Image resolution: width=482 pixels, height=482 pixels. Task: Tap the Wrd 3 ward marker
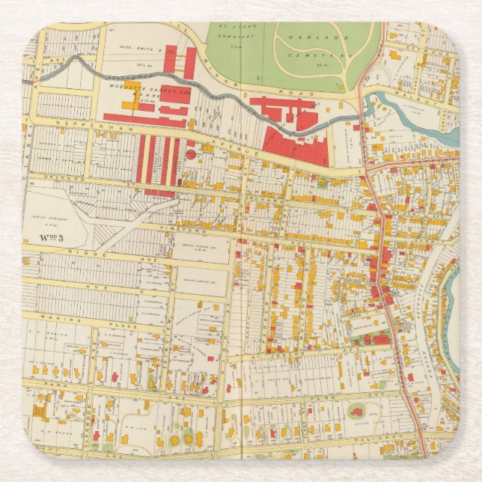46,238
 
